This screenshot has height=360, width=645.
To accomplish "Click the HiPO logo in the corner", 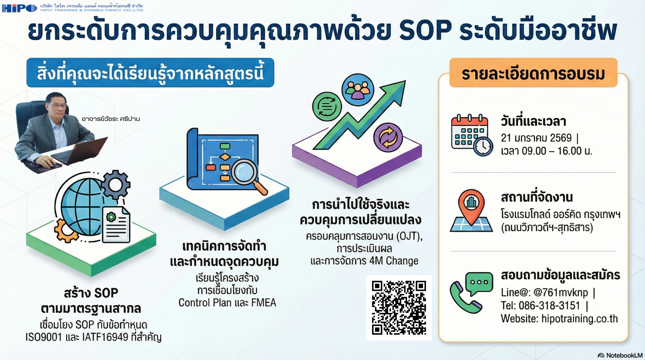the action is [20, 8].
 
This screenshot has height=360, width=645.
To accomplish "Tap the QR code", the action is [399, 307].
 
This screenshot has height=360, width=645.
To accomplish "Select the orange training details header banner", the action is [533, 73].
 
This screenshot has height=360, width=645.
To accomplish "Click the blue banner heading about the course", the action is [150, 73].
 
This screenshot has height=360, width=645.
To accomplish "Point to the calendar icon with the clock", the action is [471, 135].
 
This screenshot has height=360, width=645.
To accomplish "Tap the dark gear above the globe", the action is [115, 184].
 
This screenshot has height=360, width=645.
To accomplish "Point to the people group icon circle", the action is [358, 90].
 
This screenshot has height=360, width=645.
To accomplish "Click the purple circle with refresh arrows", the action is [388, 137].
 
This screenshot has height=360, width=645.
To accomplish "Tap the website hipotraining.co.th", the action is [579, 319].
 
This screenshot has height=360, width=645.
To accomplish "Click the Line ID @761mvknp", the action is [561, 293].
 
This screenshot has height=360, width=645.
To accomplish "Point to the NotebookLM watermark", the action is [620, 355].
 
